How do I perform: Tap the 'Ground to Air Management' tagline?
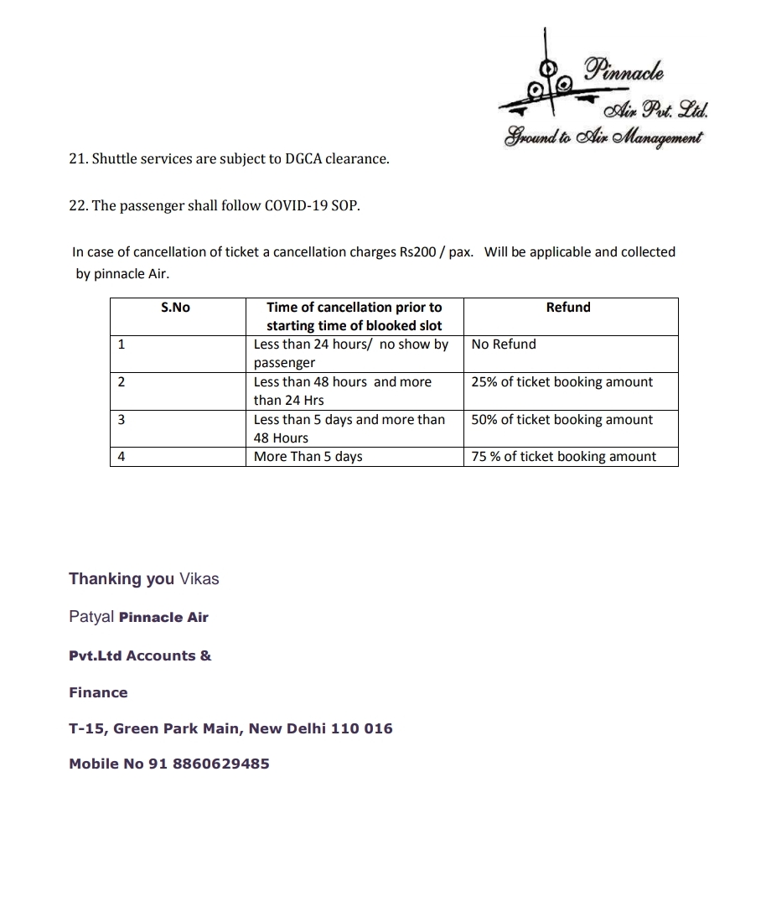[603, 137]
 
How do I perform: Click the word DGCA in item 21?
[293, 158]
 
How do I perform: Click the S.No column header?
[175, 308]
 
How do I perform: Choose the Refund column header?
[568, 308]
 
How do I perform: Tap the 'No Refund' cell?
[504, 344]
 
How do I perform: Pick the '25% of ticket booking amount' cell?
[562, 382]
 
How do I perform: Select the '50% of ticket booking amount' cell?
[562, 420]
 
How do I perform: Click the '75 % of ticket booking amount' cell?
[563, 457]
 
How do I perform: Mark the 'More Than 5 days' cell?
[308, 457]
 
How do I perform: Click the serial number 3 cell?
[122, 420]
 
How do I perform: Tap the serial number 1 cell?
[122, 344]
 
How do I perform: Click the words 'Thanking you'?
[122, 579]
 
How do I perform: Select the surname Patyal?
[91, 618]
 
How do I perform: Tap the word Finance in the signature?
[98, 692]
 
